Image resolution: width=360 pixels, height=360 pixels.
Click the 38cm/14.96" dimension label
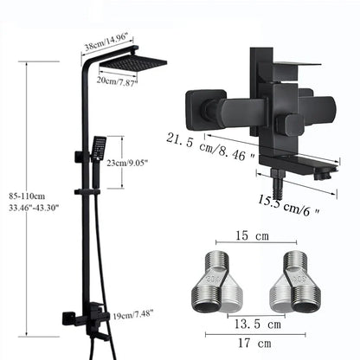pos(109,43)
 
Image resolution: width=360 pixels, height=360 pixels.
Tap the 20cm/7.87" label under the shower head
pos(117,80)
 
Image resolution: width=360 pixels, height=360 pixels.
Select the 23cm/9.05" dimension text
pos(127,163)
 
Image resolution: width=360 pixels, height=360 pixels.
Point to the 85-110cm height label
pos(27,196)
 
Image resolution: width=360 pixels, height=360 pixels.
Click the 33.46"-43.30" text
pos(34,208)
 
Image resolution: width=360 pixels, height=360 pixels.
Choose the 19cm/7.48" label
pos(132,314)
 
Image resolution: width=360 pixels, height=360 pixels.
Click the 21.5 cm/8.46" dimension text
pos(210,147)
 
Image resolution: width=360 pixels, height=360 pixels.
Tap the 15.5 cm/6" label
pos(289,205)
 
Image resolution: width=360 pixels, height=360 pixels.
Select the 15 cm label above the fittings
pos(253,235)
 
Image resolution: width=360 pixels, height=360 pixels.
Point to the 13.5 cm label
pos(257,325)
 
